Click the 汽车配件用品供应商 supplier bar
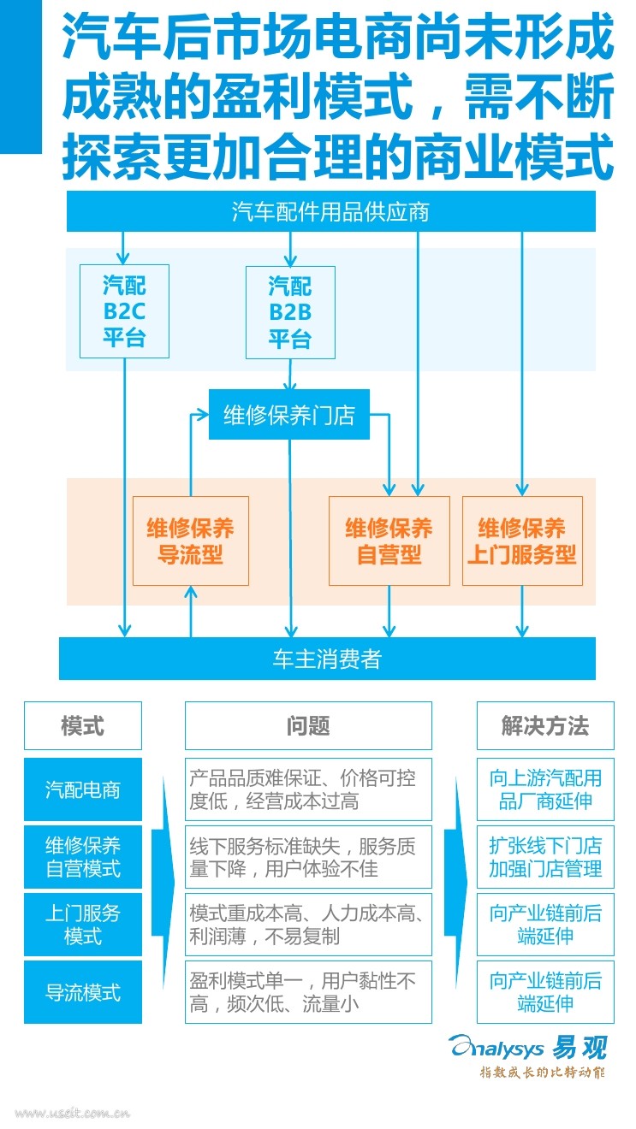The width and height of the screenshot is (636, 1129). [330, 211]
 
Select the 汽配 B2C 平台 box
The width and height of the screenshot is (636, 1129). [124, 310]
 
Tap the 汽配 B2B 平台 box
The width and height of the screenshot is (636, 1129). [290, 311]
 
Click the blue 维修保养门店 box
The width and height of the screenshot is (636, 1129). [288, 415]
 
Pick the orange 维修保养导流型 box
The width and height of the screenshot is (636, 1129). [190, 541]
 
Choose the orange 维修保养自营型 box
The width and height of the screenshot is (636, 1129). [389, 541]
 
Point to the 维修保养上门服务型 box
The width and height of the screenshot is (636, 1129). [522, 541]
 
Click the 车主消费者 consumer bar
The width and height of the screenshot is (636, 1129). [326, 659]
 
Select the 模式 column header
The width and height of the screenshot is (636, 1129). [83, 726]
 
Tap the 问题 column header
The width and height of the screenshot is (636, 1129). [308, 726]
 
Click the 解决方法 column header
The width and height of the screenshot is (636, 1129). [545, 726]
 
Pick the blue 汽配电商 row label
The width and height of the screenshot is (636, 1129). [83, 789]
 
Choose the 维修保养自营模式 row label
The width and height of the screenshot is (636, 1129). [83, 857]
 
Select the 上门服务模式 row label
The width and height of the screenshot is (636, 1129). [83, 925]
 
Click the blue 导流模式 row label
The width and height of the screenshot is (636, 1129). [83, 992]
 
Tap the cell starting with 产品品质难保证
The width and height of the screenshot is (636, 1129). [308, 789]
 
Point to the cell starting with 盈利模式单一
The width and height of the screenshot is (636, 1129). [308, 992]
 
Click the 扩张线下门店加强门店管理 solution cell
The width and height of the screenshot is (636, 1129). [545, 857]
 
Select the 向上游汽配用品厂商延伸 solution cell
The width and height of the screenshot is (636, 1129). [545, 789]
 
